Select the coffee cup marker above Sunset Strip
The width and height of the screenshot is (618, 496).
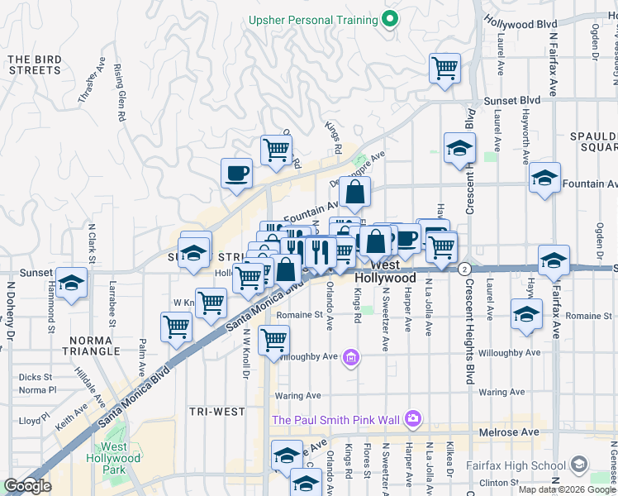pyautogui.click(x=236, y=173)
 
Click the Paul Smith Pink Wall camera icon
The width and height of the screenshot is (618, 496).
pyautogui.click(x=413, y=419)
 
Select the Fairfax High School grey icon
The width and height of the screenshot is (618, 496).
pyautogui.click(x=579, y=465)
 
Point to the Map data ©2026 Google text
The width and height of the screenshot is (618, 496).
pyautogui.click(x=567, y=489)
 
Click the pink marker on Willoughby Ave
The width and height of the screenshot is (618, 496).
pyautogui.click(x=351, y=357)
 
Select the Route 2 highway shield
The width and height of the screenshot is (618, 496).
pyautogui.click(x=465, y=269)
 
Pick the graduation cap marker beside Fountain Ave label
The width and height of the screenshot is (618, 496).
pyautogui.click(x=544, y=178)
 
